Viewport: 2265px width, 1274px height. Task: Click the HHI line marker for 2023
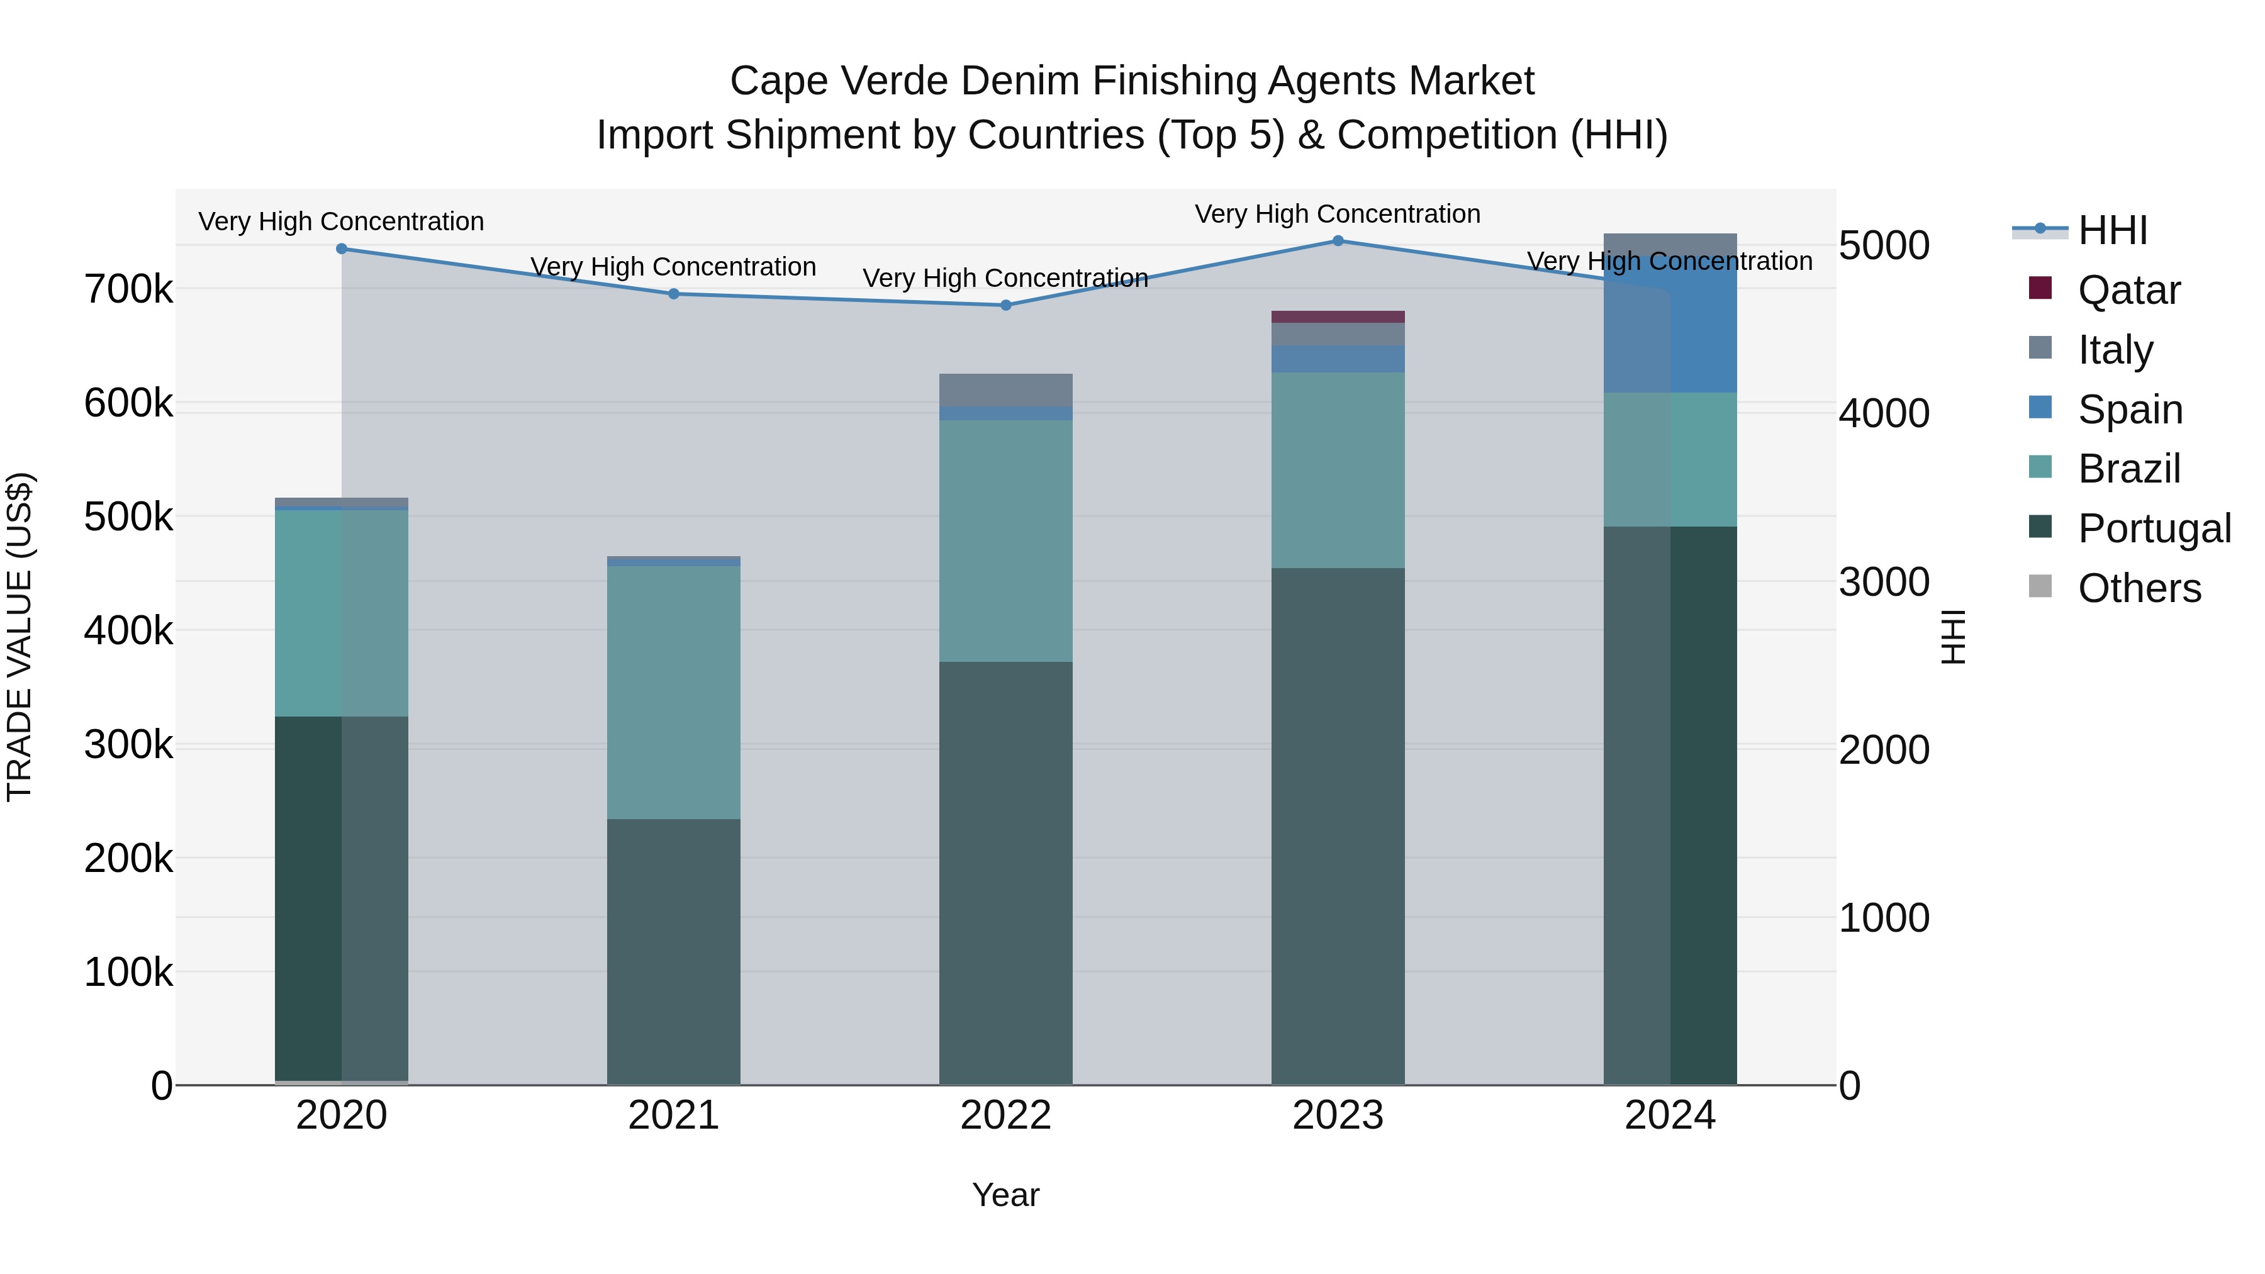coord(1338,241)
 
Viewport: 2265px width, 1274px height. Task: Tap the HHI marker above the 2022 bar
coord(1006,305)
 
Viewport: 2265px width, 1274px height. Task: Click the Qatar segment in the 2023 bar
coord(1338,316)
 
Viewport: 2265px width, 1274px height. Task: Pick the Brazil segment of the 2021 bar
coord(673,692)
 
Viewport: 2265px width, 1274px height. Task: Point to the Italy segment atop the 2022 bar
coord(1006,389)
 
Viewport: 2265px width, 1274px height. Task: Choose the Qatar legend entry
coord(2128,290)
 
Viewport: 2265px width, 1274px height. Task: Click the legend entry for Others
coord(2139,588)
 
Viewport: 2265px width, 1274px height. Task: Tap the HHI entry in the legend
coord(2112,230)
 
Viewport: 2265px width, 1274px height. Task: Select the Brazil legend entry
coord(2128,469)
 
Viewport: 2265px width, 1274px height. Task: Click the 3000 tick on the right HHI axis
coord(1883,582)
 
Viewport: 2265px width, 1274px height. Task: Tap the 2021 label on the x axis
coord(673,1115)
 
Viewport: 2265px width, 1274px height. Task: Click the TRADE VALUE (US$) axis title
coord(20,637)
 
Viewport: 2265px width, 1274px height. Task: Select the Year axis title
coord(1006,1195)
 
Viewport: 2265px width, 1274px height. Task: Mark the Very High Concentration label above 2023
coord(1338,214)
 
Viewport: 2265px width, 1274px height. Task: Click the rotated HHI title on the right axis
coord(1952,637)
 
